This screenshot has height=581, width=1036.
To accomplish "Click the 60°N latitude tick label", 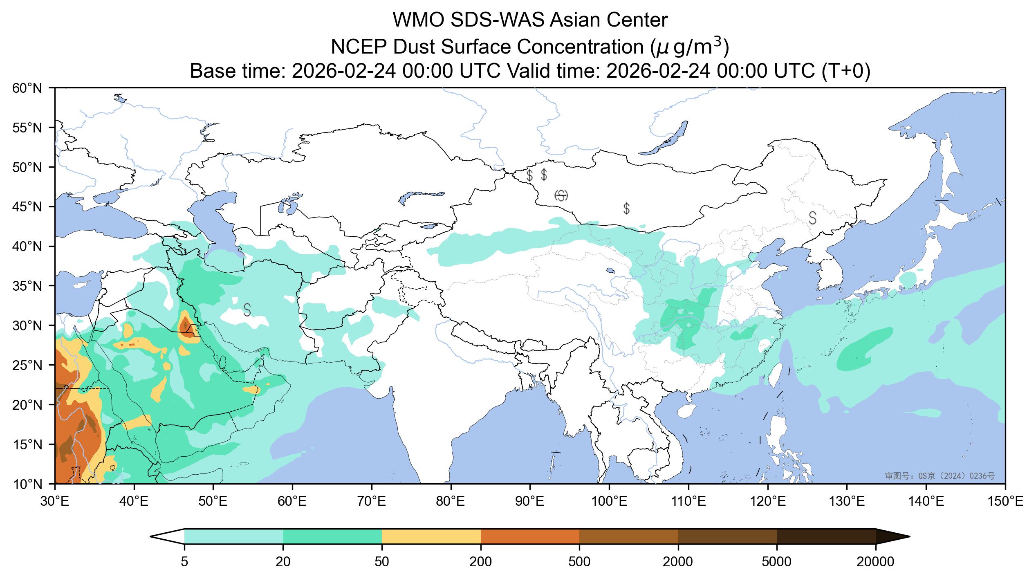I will pyautogui.click(x=27, y=88).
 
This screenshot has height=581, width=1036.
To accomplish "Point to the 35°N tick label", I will pyautogui.click(x=27, y=286).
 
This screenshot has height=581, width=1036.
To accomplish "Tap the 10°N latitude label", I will pyautogui.click(x=27, y=484).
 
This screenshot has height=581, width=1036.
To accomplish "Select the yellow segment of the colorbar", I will pyautogui.click(x=431, y=536).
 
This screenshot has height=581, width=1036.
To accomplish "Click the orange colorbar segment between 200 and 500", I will pyautogui.click(x=530, y=536).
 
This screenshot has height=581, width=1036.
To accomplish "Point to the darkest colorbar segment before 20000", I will pyautogui.click(x=826, y=536).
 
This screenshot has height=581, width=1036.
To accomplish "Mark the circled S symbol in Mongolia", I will pyautogui.click(x=561, y=195).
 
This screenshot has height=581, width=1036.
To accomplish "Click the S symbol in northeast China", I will pyautogui.click(x=813, y=218).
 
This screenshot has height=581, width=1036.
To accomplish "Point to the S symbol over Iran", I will pyautogui.click(x=247, y=310).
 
